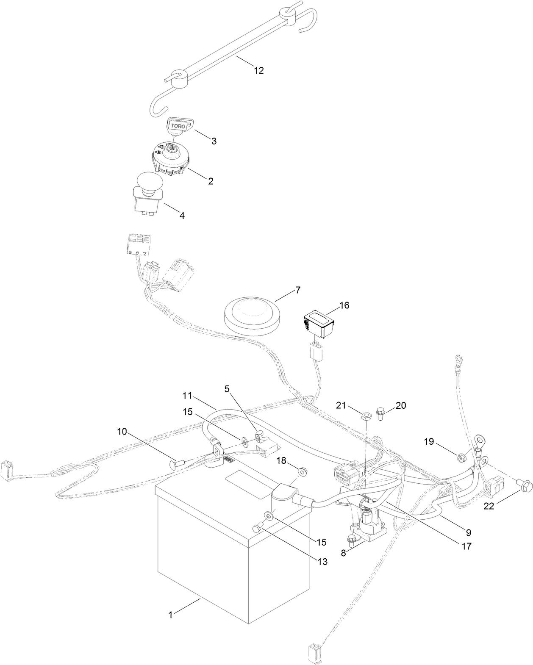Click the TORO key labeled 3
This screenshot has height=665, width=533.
point(178,126)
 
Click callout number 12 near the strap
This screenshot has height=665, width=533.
point(258,71)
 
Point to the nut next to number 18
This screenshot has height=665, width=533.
point(303,471)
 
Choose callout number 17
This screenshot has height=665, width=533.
point(466,546)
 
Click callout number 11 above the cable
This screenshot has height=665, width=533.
point(188,396)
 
